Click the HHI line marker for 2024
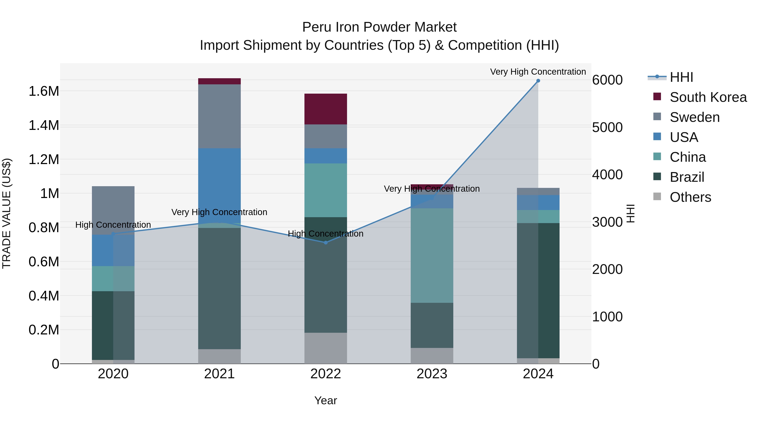[538, 81]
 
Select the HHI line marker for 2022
[326, 242]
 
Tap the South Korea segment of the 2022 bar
[326, 109]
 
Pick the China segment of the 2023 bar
[432, 256]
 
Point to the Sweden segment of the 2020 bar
[113, 210]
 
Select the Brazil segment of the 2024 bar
[538, 291]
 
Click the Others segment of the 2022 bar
[326, 348]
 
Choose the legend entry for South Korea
[708, 97]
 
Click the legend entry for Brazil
[687, 177]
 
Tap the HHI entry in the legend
[681, 77]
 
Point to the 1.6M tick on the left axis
[44, 91]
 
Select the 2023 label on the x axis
[432, 374]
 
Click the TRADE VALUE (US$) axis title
[7, 213]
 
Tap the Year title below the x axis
[326, 400]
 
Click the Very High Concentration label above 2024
[538, 72]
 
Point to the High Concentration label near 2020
[113, 225]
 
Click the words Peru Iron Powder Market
[379, 27]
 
